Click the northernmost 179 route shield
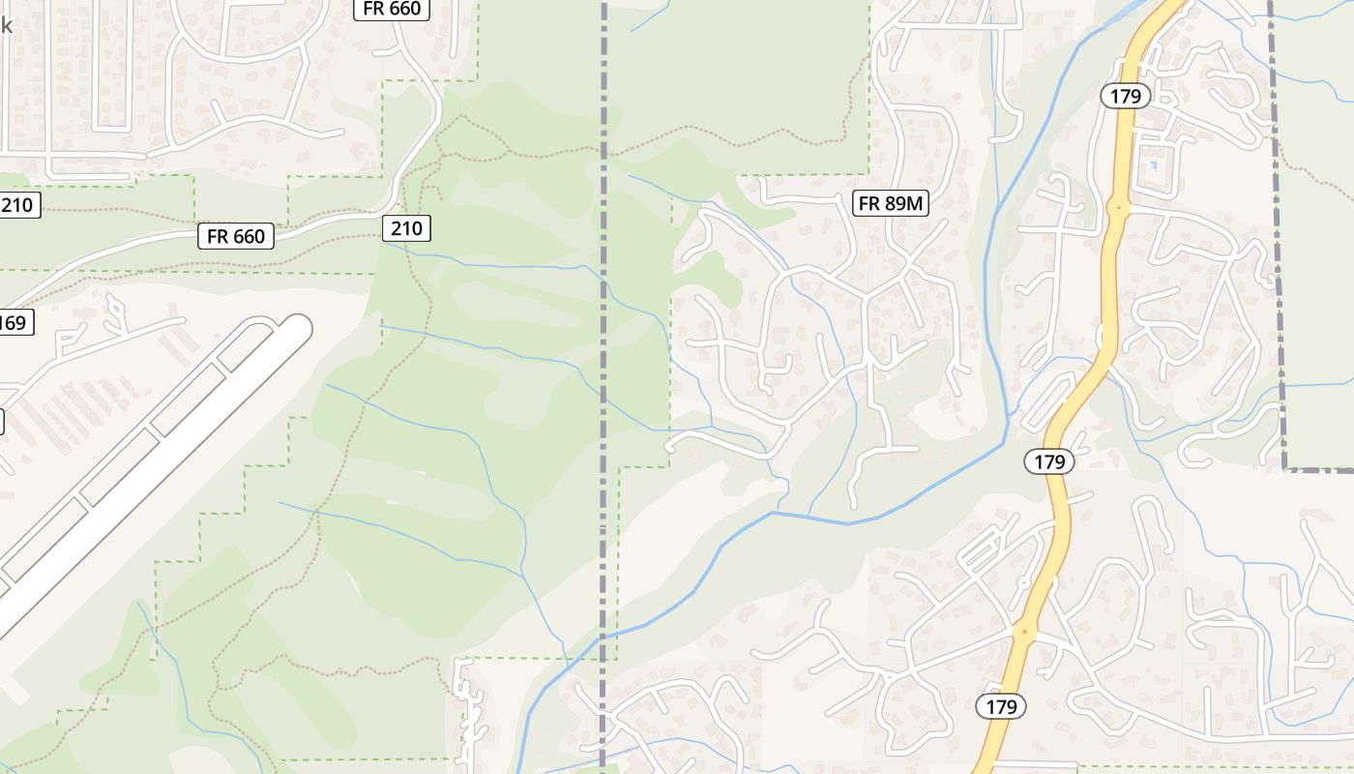1126,96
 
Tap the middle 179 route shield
1049,461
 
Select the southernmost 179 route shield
1001,706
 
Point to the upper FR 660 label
392,10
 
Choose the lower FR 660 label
236,236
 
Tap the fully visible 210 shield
406,228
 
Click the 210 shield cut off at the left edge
17,204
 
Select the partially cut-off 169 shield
15,322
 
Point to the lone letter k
6,25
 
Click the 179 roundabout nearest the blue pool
1117,206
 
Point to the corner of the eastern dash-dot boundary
1285,469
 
